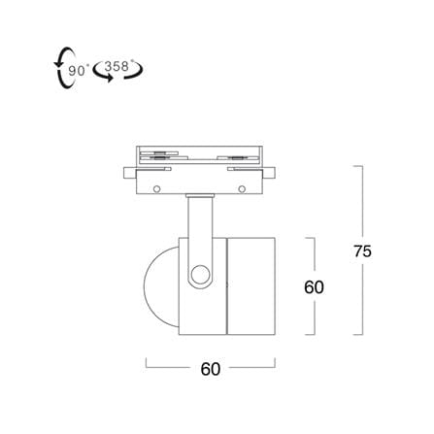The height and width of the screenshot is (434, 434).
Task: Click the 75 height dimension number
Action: point(362,250)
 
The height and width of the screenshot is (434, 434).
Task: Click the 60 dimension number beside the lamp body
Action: point(314,286)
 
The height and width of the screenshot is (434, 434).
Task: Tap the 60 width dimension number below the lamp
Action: point(211,369)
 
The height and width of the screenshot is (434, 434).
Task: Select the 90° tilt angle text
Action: point(79,70)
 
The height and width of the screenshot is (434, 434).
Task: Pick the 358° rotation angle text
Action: point(117,66)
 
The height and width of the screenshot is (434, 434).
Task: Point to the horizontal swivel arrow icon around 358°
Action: point(117,73)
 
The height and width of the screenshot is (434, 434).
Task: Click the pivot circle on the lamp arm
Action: point(200,275)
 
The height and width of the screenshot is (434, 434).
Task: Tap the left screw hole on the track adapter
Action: point(157,188)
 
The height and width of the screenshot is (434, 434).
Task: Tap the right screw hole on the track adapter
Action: point(242,188)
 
